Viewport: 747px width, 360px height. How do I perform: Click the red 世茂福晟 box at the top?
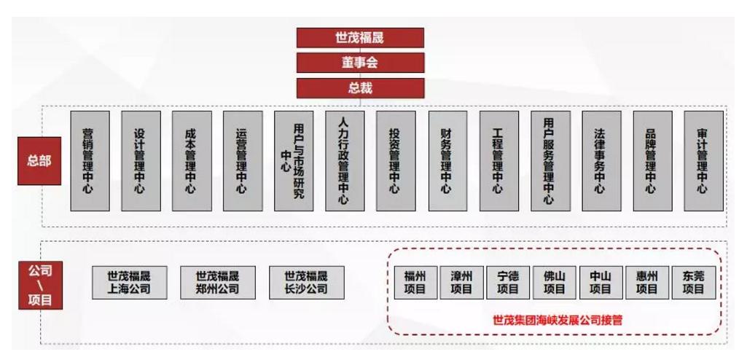point(360,38)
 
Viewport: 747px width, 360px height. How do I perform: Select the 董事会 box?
point(360,63)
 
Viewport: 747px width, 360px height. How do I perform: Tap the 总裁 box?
point(360,88)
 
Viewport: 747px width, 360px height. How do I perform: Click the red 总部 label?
point(39,161)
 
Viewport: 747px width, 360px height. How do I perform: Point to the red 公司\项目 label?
point(41,285)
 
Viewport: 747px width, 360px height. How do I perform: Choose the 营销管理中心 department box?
point(90,161)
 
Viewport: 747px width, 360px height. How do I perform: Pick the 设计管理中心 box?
point(141,161)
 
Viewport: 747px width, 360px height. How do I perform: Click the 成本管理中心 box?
point(192,161)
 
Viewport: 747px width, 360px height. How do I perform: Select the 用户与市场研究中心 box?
point(294,161)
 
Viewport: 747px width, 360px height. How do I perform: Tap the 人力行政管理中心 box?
point(345,161)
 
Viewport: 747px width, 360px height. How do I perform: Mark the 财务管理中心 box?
point(447,161)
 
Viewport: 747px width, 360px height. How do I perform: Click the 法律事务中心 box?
point(602,161)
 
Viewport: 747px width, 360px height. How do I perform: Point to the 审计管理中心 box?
point(704,161)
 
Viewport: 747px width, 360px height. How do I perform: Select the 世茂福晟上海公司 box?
point(130,282)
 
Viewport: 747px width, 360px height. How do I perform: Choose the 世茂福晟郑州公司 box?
point(218,282)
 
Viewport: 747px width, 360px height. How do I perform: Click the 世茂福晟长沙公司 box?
point(307,282)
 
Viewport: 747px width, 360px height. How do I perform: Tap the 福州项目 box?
point(415,282)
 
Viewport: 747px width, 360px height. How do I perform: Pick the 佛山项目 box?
point(554,282)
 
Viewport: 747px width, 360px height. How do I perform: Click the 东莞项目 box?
point(694,282)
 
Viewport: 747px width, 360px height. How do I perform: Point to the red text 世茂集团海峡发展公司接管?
point(558,319)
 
